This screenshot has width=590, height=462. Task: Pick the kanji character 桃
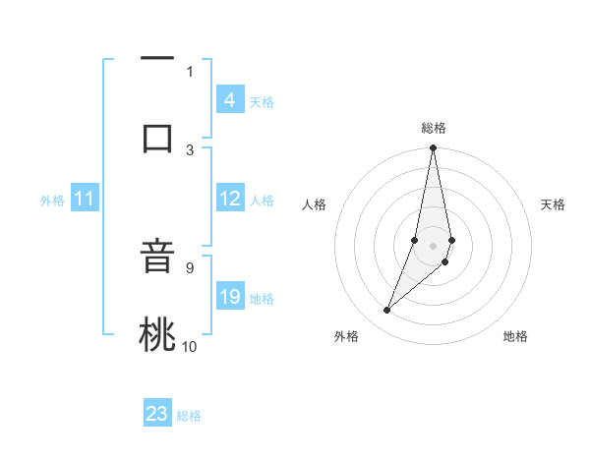(x=157, y=334)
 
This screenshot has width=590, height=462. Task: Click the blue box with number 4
(x=229, y=99)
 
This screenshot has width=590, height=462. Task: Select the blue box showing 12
(x=229, y=199)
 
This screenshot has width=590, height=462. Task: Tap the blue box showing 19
(x=229, y=297)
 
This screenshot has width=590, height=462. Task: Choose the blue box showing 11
(x=85, y=199)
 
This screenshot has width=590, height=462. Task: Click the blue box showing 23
(x=157, y=414)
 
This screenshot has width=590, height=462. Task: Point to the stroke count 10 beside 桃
(x=190, y=346)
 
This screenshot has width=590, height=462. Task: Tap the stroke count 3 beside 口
(x=190, y=149)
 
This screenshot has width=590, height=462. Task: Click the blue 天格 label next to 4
(x=262, y=101)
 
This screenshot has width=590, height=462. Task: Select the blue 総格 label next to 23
(x=189, y=416)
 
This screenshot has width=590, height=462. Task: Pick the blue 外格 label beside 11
(x=52, y=201)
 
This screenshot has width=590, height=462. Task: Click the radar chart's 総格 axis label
(x=433, y=128)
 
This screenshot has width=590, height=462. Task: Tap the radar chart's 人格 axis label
(x=315, y=204)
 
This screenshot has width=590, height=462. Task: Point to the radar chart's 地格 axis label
(x=515, y=336)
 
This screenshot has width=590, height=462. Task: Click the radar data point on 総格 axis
(x=433, y=148)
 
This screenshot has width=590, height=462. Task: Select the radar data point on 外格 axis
(x=386, y=311)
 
